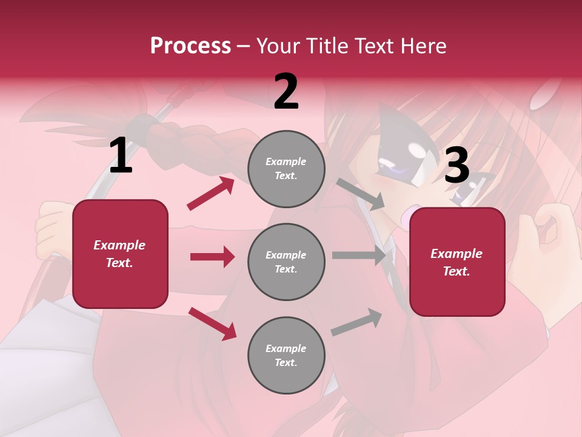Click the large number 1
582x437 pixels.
(120, 155)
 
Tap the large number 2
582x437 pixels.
(286, 91)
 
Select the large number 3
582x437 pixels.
(457, 165)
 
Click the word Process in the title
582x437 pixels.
(190, 46)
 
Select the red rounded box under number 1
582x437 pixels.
(120, 254)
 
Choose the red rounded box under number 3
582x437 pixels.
(457, 262)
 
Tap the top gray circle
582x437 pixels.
(286, 169)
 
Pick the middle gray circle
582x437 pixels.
(286, 262)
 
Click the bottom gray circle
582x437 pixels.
(286, 355)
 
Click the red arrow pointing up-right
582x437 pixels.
(211, 194)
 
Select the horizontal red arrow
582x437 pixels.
(212, 257)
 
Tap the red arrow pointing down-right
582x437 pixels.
(213, 324)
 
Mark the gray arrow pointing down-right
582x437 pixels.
(361, 194)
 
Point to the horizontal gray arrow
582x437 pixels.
(359, 256)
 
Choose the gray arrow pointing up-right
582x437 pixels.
(356, 322)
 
